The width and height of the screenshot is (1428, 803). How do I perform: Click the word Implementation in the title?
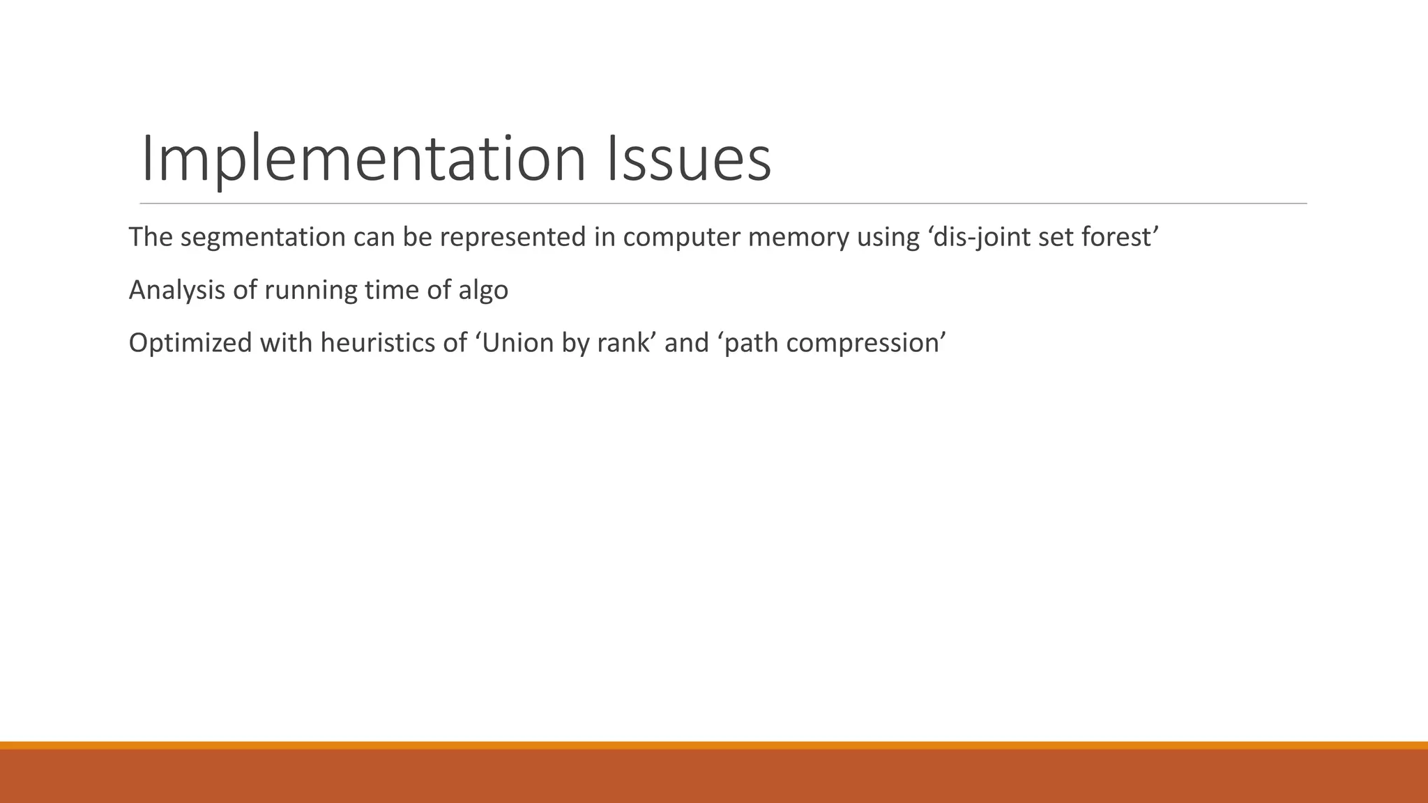click(363, 160)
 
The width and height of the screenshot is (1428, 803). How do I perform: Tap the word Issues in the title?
click(689, 160)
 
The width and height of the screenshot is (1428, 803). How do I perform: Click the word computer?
click(681, 238)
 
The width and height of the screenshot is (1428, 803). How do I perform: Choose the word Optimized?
click(190, 343)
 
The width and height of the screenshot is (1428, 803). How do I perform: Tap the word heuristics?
click(385, 343)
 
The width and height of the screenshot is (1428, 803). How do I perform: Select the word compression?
click(862, 343)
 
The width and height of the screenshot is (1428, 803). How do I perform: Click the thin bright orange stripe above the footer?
click(714, 745)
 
